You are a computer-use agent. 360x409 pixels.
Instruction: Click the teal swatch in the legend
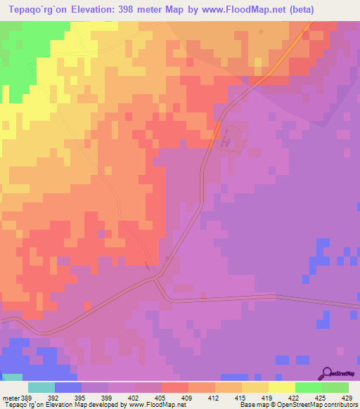(41, 387)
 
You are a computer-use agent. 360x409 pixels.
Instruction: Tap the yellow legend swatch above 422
(281, 387)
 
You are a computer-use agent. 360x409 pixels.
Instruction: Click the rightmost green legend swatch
(335, 387)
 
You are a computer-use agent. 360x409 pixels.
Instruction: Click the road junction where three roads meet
(156, 277)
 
